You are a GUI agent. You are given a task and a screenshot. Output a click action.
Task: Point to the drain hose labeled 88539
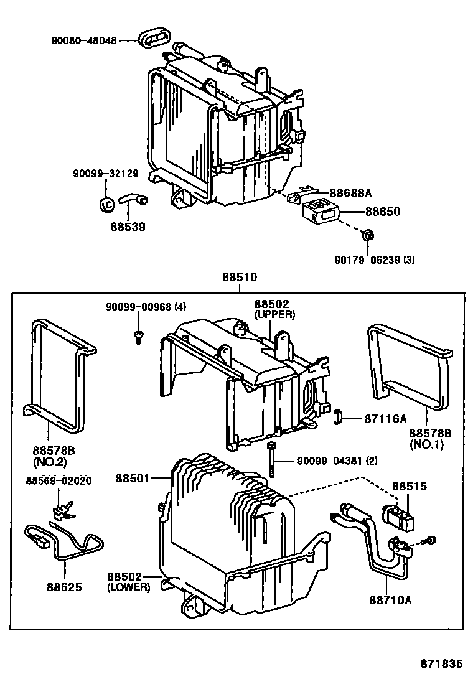(x=133, y=199)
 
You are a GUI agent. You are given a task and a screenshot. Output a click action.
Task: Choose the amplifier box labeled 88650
(x=322, y=209)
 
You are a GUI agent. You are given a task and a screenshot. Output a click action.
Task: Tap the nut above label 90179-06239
(x=368, y=235)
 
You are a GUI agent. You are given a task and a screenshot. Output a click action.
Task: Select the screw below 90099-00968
(x=138, y=337)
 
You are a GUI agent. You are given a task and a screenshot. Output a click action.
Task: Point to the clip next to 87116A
(x=339, y=418)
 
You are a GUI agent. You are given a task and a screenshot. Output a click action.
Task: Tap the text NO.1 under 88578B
(x=426, y=444)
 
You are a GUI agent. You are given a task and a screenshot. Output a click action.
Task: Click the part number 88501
(x=132, y=478)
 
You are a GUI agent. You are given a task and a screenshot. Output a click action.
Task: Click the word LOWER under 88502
(x=129, y=586)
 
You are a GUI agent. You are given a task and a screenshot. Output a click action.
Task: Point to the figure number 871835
(x=440, y=664)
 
